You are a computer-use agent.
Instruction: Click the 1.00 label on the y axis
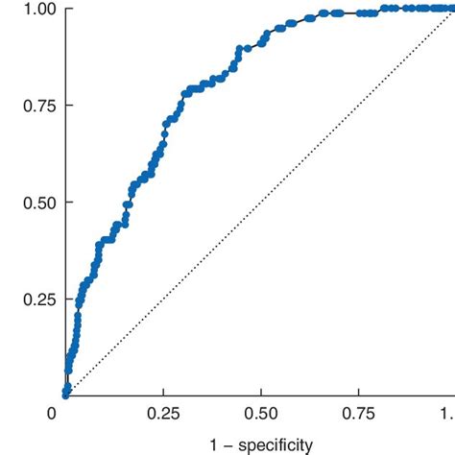(x=38, y=9)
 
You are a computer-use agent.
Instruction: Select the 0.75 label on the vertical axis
(x=38, y=106)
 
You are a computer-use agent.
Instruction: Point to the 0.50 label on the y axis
(x=38, y=203)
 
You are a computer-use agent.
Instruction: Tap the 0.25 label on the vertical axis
(x=38, y=299)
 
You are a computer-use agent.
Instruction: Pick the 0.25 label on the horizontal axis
(x=162, y=414)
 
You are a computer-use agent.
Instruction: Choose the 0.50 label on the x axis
(x=259, y=414)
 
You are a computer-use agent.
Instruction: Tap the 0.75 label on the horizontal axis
(x=357, y=414)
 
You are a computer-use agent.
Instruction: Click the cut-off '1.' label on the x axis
(x=448, y=414)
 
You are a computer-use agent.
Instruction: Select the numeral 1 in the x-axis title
(x=213, y=444)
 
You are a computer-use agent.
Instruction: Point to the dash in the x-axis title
(x=227, y=444)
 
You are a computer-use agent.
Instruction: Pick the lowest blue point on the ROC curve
(x=65, y=394)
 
